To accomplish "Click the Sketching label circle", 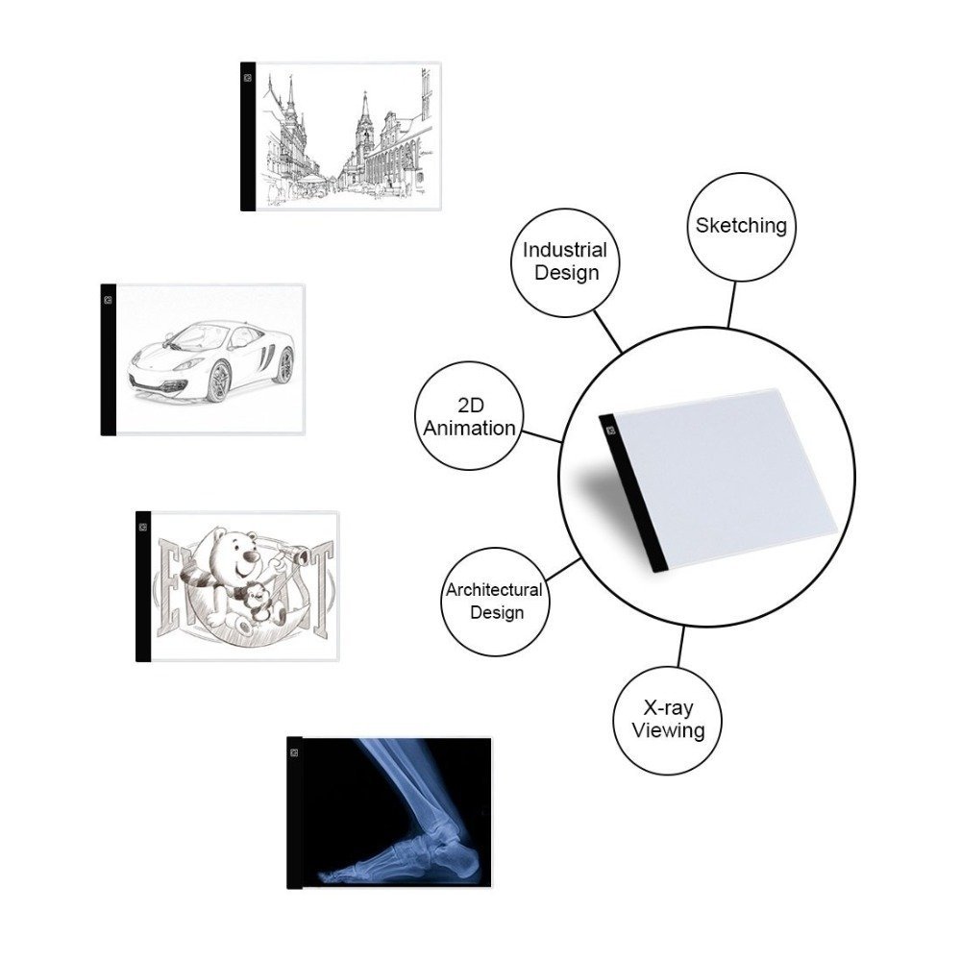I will pos(740,227).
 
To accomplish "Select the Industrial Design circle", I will pos(565,261).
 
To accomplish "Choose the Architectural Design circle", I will pos(494,600).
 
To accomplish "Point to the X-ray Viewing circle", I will pos(667,720).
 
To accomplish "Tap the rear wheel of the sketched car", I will pos(283,365).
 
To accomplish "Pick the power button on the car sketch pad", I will pos(108,298).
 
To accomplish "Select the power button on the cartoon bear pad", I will pos(142,526).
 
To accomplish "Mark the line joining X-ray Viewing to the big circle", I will pos(680,647).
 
